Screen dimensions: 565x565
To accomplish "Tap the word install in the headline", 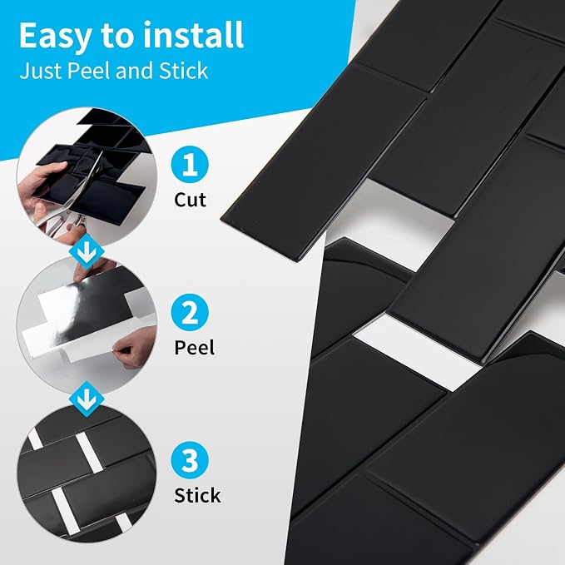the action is coord(193,35).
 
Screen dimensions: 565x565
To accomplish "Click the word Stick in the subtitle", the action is coord(183,71).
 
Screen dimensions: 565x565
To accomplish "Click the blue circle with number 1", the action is coord(190,164).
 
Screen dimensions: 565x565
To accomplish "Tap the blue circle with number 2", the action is coord(190,312).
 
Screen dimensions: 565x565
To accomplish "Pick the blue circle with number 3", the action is coord(190,460).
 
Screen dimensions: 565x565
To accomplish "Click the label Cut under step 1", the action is coord(190,200).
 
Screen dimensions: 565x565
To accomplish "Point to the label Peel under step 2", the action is coord(194,348).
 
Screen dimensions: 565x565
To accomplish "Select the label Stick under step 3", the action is coord(197,495).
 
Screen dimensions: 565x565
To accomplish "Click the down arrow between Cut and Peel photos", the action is coord(87,251).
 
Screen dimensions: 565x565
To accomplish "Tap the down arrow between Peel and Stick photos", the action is coord(87,399).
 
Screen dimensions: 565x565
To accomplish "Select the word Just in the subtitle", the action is coord(42,72).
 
